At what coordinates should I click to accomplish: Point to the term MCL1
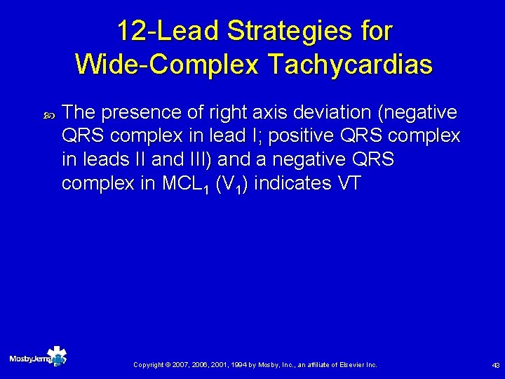[x=186, y=185]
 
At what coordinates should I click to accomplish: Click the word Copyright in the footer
[x=148, y=365]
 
